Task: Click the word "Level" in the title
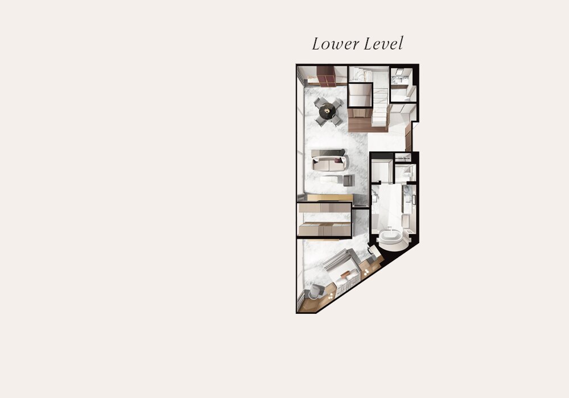pyautogui.click(x=384, y=44)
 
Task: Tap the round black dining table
pyautogui.click(x=327, y=111)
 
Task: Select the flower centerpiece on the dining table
pyautogui.click(x=327, y=110)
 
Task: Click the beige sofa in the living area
pyautogui.click(x=329, y=160)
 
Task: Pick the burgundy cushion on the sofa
pyautogui.click(x=339, y=160)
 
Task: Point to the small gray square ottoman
pyautogui.click(x=348, y=180)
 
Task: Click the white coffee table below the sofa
pyautogui.click(x=331, y=179)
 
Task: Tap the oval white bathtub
pyautogui.click(x=391, y=238)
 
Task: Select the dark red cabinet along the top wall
pyautogui.click(x=325, y=76)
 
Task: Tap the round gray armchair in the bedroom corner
pyautogui.click(x=316, y=292)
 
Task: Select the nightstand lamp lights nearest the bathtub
pyautogui.click(x=367, y=272)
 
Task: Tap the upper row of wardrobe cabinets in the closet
pyautogui.click(x=324, y=208)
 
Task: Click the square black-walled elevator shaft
pyautogui.click(x=360, y=96)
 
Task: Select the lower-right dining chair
pyautogui.click(x=337, y=121)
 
